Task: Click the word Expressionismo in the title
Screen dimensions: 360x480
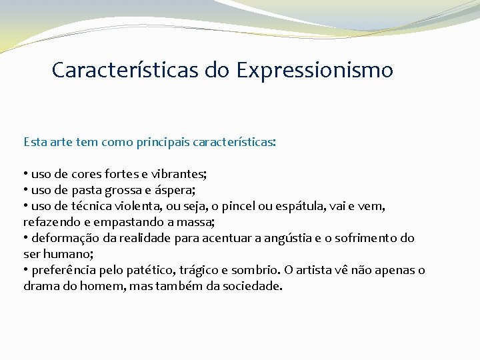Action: pos(314,69)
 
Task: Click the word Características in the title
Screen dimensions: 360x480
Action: pos(125,69)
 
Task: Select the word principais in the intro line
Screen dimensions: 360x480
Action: pos(162,142)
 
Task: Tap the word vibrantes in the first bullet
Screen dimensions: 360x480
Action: pos(179,174)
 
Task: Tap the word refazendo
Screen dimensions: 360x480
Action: pos(51,222)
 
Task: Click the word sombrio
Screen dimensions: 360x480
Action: pos(255,270)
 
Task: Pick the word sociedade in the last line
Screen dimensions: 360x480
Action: pos(255,286)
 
